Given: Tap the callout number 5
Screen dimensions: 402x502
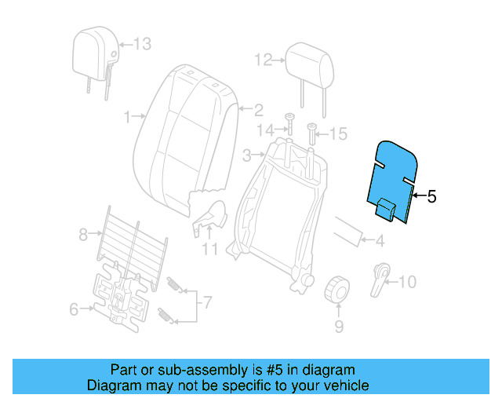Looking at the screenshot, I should tap(431, 196).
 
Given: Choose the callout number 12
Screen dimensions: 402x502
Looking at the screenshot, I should tap(262, 59).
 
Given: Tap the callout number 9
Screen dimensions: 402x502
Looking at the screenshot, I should tap(339, 325).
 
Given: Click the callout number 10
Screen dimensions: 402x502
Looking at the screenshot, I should tap(409, 282).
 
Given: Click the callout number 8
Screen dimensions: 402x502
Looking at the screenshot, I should tap(83, 233).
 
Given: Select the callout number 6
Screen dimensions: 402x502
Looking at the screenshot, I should tap(74, 309).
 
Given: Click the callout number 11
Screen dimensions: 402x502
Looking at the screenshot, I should tap(209, 250).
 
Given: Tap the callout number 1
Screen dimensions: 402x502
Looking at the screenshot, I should tap(128, 117).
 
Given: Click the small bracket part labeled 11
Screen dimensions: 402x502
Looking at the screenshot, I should tap(209, 217).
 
